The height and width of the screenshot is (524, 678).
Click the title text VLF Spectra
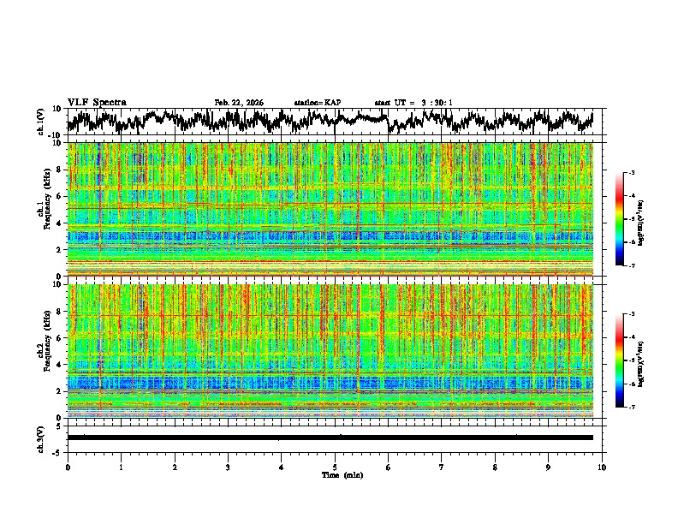97,103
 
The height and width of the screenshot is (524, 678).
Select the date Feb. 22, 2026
239,103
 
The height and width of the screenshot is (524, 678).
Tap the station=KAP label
318,103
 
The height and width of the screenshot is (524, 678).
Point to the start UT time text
413,103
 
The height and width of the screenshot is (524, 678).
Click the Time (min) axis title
335,474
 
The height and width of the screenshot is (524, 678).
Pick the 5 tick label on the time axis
335,467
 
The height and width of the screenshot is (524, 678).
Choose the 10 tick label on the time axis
602,467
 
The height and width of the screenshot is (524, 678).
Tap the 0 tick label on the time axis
68,467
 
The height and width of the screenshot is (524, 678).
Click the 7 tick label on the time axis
442,467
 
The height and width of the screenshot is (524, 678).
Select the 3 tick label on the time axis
228,467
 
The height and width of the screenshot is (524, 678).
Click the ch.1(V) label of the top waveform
41,122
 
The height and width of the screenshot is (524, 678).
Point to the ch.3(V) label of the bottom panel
41,437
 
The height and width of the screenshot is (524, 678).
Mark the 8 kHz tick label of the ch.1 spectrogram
58,170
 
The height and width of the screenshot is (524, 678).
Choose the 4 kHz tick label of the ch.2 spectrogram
58,365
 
